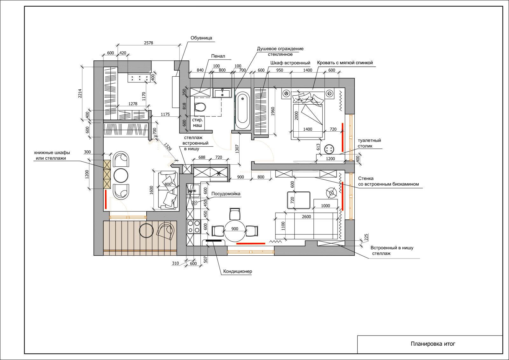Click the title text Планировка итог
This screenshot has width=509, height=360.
[x=433, y=344]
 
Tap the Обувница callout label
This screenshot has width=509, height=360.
[x=201, y=38]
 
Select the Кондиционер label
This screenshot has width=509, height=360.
[x=238, y=271]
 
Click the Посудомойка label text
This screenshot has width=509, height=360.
[x=226, y=194]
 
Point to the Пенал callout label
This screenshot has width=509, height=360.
[x=218, y=56]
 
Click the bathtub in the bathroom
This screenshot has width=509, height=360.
[x=243, y=110]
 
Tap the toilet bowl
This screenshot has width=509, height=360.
[x=200, y=107]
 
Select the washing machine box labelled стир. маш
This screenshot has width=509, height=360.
[x=198, y=123]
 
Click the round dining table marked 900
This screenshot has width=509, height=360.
[x=235, y=231]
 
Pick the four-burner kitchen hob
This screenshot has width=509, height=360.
[x=194, y=227]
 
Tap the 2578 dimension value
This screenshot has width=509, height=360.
[x=149, y=43]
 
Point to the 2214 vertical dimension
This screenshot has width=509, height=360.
[x=80, y=93]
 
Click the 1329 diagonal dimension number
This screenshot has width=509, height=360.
[x=168, y=147]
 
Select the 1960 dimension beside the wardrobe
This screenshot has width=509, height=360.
[x=273, y=111]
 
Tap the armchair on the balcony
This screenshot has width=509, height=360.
[x=166, y=230]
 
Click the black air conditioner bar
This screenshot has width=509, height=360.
[x=213, y=240]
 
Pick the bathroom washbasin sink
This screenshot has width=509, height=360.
[x=222, y=93]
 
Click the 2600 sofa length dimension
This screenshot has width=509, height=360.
[x=306, y=217]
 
